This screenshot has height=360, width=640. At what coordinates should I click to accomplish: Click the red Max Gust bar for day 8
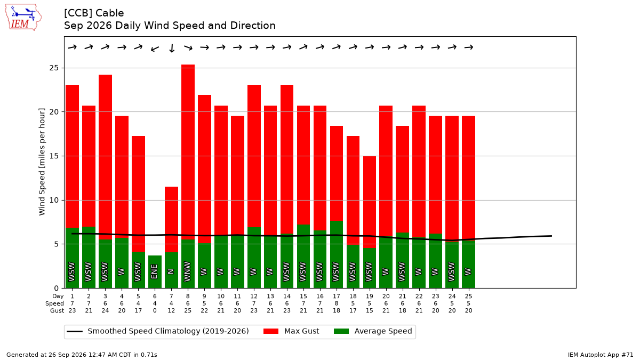click(x=188, y=152)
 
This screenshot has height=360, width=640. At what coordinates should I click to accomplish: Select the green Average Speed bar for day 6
click(x=155, y=271)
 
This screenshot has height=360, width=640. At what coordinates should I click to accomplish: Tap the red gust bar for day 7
click(x=171, y=219)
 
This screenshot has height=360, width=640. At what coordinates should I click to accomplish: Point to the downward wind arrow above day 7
click(x=172, y=48)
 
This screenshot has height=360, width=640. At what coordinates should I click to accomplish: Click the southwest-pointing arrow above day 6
click(x=155, y=49)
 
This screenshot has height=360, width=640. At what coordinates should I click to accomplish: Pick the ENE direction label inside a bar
click(x=154, y=271)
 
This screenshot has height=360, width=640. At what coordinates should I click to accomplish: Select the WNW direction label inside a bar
click(x=187, y=271)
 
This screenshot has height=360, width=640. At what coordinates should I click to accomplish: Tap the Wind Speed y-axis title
click(x=42, y=162)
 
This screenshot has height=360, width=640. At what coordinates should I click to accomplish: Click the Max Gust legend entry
click(x=291, y=331)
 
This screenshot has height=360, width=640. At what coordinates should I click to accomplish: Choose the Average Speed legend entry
click(x=373, y=331)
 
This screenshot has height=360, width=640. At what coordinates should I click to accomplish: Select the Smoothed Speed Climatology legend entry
click(x=158, y=331)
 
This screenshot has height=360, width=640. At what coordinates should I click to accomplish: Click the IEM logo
click(x=23, y=18)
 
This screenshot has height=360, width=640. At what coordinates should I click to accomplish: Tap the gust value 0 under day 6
click(x=155, y=310)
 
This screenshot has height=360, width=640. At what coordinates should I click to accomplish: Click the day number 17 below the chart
click(x=337, y=297)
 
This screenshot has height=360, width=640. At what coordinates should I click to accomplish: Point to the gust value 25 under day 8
click(x=188, y=310)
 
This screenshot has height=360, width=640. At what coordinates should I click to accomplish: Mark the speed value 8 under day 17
click(x=337, y=303)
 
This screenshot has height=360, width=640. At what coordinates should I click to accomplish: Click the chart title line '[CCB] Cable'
click(x=94, y=13)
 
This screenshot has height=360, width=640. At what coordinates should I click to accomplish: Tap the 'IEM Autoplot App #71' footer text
click(x=601, y=355)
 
